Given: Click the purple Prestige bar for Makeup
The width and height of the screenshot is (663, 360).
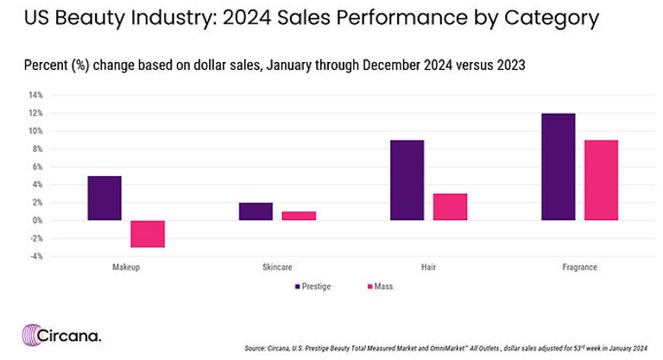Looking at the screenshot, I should (104, 198).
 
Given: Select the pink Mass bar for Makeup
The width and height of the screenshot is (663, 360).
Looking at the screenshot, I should (148, 234).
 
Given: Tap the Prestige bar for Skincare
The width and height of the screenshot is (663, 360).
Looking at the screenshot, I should (256, 212).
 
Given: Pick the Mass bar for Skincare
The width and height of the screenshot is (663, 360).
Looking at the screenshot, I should (299, 216).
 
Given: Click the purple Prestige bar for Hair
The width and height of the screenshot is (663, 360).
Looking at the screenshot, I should (407, 180).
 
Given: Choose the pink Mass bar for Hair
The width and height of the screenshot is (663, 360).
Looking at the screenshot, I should (450, 207).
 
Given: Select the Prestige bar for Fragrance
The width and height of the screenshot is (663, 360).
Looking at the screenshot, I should (558, 167).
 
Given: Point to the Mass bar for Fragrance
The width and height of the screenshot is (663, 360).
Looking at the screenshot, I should (601, 180).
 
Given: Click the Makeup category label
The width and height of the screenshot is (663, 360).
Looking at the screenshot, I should (126, 268).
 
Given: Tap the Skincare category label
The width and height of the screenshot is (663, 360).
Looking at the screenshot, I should (277, 268).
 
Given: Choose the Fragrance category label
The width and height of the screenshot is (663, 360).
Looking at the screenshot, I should (579, 268).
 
